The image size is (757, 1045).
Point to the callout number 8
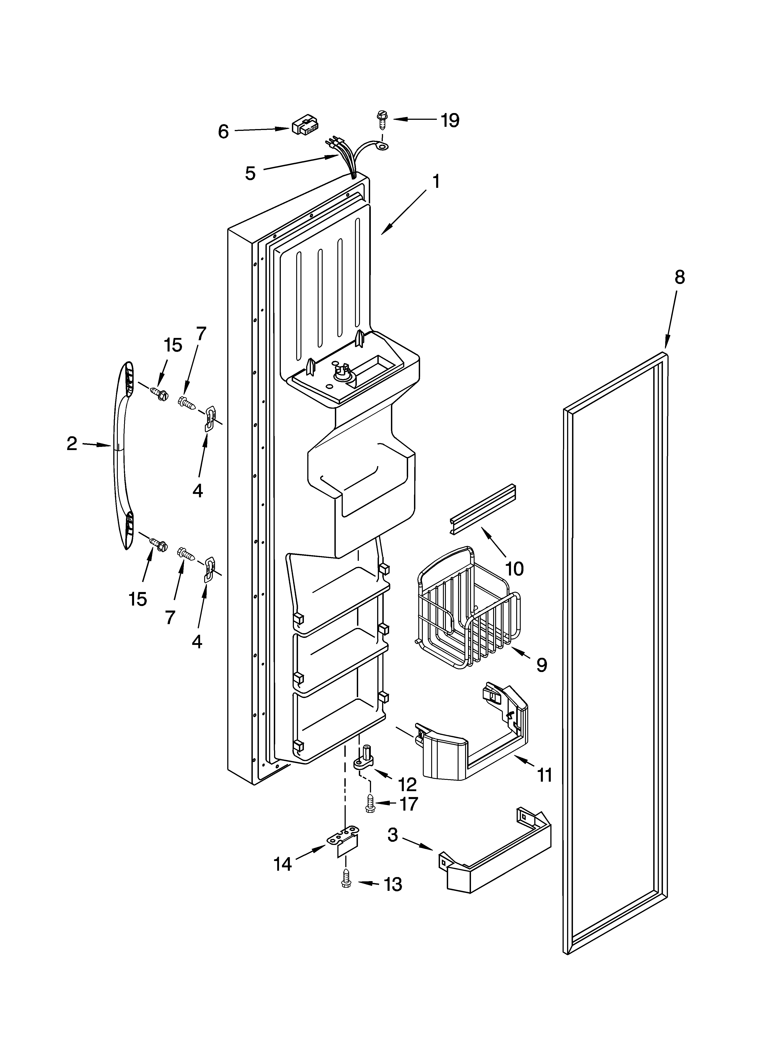pyautogui.click(x=679, y=277)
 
